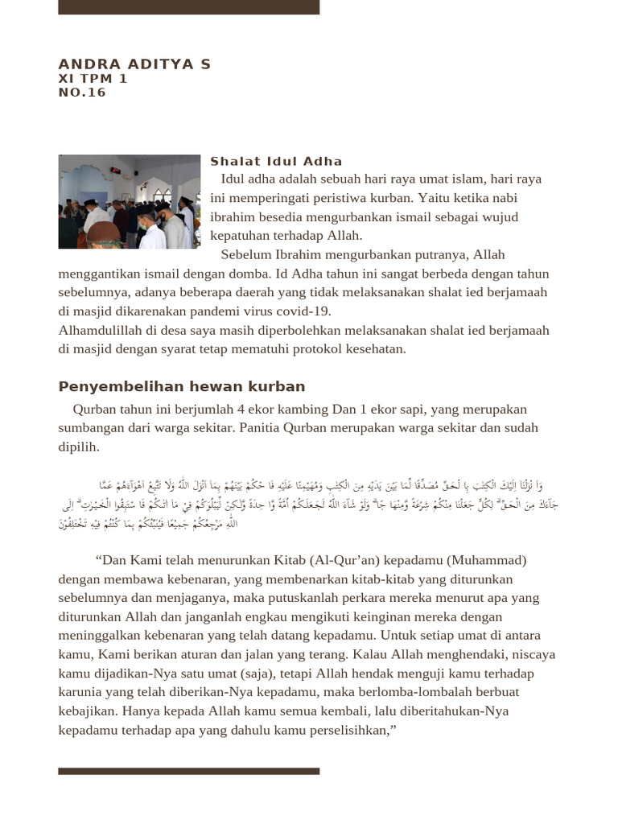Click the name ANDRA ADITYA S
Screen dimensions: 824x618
134,64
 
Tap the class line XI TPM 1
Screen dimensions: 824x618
93,79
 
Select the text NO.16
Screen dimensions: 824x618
82,93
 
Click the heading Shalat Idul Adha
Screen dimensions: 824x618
276,162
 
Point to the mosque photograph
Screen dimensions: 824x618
129,202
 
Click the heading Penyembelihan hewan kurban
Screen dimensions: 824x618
182,387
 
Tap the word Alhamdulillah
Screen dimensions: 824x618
98,331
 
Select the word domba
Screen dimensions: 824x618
241,274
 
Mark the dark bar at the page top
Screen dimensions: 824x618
188,7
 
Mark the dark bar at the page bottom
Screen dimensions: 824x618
188,771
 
